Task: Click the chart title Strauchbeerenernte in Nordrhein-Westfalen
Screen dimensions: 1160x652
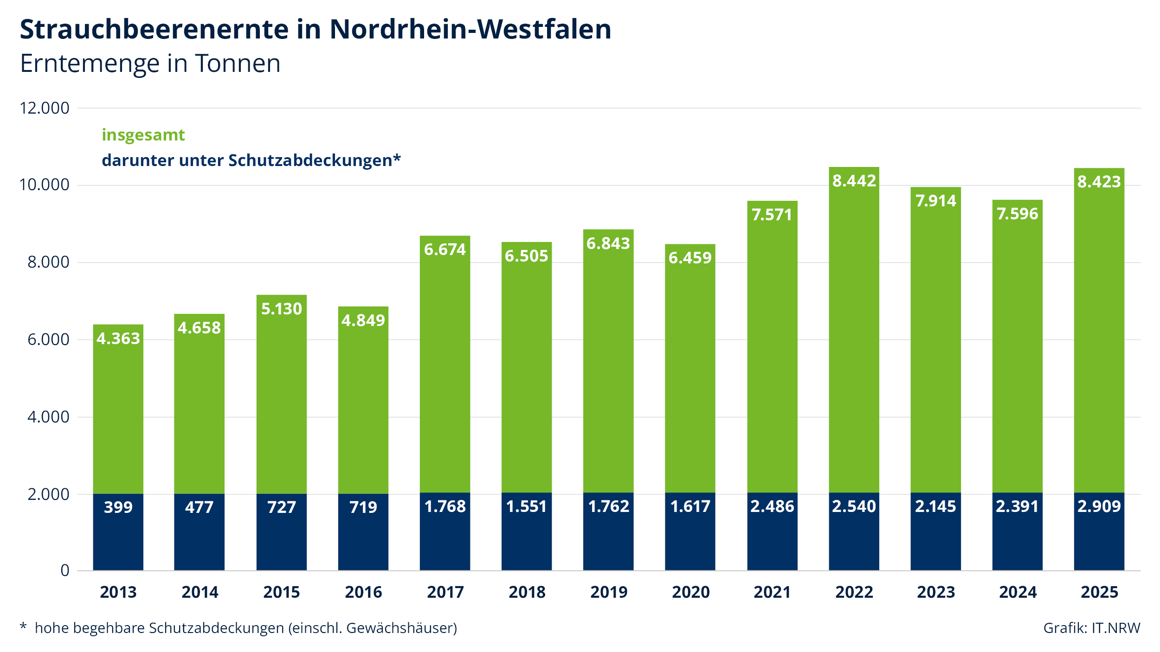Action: tap(316, 29)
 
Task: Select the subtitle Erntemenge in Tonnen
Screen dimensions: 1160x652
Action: tap(150, 64)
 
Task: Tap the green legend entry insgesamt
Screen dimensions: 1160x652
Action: tap(143, 135)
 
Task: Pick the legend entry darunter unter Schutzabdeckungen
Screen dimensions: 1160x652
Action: tap(251, 160)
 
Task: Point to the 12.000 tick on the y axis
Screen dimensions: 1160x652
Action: tap(45, 108)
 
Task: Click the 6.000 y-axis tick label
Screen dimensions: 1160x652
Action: tap(48, 339)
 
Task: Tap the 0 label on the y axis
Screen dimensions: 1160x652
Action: tap(65, 570)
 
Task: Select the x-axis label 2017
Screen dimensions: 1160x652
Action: tap(445, 592)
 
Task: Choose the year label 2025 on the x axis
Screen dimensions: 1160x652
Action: tap(1099, 592)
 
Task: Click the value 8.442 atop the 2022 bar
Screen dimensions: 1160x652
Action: tap(854, 181)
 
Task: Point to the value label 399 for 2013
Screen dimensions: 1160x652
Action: tap(118, 507)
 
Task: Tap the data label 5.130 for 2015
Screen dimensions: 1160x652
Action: tap(282, 309)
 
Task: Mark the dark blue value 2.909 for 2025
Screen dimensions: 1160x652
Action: tap(1099, 506)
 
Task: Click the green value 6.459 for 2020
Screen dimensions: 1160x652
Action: tap(690, 258)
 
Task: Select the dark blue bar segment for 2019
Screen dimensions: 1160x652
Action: tap(608, 532)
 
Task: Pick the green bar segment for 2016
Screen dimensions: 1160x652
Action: tap(363, 400)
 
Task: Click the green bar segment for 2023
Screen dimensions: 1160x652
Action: tap(936, 340)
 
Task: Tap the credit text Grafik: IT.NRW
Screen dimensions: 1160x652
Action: tap(1092, 628)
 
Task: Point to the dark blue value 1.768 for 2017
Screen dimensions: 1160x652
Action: tap(445, 506)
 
